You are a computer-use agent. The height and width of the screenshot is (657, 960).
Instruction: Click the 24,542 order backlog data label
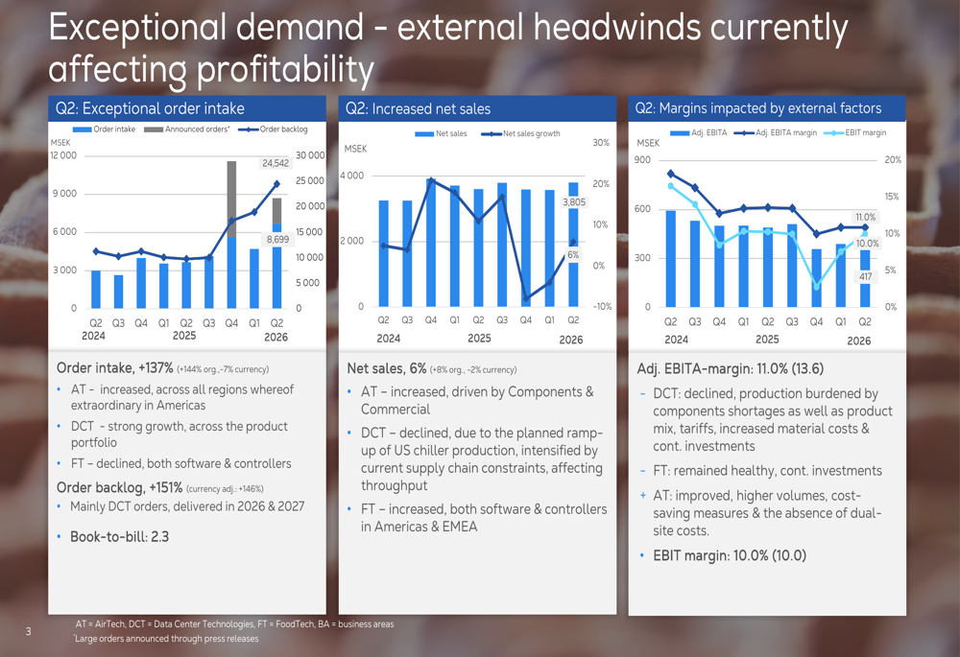coord(276,163)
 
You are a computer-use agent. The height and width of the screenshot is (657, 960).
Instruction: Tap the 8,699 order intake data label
coord(277,239)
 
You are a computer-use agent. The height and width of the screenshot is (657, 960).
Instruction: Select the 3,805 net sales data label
coord(574,201)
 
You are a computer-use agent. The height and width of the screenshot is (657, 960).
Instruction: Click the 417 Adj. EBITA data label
coord(865,276)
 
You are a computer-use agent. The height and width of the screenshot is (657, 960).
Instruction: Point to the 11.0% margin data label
coord(865,217)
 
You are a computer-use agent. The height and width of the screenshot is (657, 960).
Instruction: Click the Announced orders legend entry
coord(187,129)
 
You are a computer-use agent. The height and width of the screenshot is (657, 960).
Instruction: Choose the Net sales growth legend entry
coord(520,133)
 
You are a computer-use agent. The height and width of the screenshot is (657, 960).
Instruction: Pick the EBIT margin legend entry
coord(855,132)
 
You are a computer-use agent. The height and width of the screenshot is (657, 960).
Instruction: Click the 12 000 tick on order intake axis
coord(63,155)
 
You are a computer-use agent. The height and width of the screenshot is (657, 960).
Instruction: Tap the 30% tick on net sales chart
coord(601,143)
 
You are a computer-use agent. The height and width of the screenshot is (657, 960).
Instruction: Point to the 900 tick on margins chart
coord(643,159)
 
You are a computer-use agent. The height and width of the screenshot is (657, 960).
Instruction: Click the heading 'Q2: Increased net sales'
coord(419,109)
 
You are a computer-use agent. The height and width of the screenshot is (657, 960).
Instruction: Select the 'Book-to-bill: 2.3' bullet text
coord(119,536)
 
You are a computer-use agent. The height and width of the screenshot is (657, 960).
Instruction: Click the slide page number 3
coord(28,631)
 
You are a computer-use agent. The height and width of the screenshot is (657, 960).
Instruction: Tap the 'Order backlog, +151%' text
coord(119,487)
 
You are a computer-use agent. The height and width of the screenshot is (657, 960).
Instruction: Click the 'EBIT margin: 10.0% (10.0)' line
coord(730,555)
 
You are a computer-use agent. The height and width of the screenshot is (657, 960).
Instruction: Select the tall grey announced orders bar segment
coord(231,199)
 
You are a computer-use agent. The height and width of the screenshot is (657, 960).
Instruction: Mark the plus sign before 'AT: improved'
coord(643,496)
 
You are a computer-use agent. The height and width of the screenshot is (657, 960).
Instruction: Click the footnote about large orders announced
coord(166,639)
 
